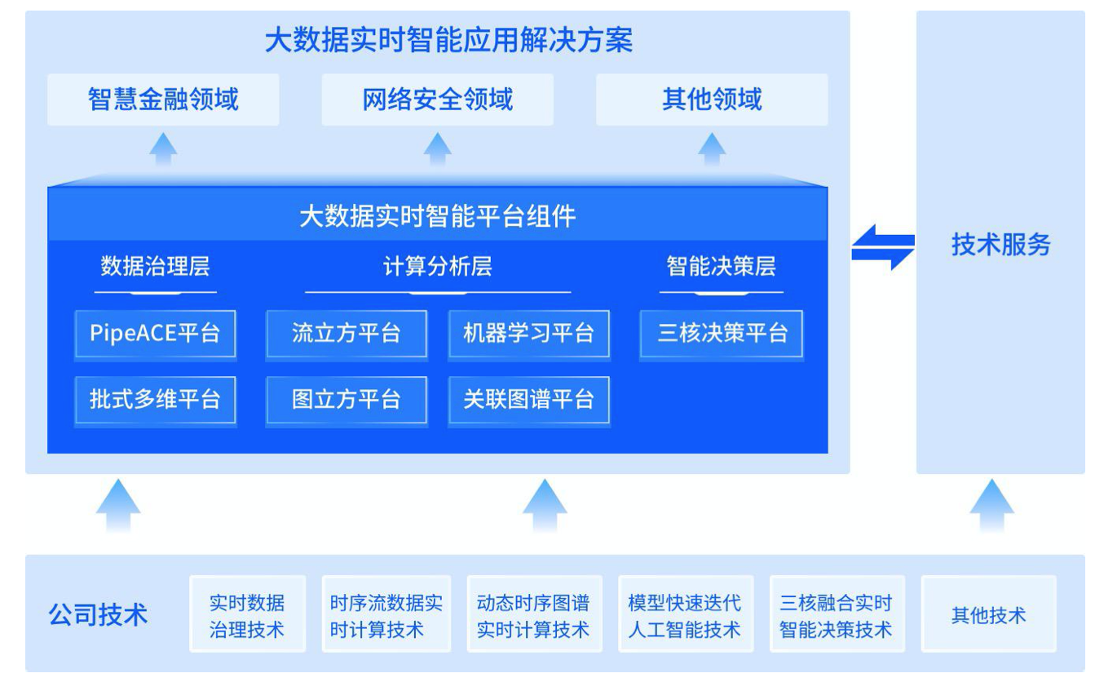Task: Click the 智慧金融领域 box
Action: (163, 100)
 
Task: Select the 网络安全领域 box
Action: (438, 100)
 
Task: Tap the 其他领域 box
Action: (712, 100)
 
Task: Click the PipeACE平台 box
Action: (155, 333)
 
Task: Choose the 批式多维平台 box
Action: (155, 399)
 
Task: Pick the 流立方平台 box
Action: (347, 333)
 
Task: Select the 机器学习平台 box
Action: (528, 333)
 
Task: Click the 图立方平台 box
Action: (347, 399)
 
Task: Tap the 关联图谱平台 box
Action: (528, 399)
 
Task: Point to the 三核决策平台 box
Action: (722, 333)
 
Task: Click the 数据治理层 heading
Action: (155, 267)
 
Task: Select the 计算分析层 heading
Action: (438, 267)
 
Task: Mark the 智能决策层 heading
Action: (722, 267)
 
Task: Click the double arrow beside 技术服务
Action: (883, 247)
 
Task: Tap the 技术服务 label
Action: (1000, 244)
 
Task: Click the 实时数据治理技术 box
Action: (247, 614)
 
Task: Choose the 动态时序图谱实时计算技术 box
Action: (534, 614)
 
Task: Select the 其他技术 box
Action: (988, 614)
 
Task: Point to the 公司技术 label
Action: (99, 614)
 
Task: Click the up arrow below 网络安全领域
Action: (438, 149)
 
